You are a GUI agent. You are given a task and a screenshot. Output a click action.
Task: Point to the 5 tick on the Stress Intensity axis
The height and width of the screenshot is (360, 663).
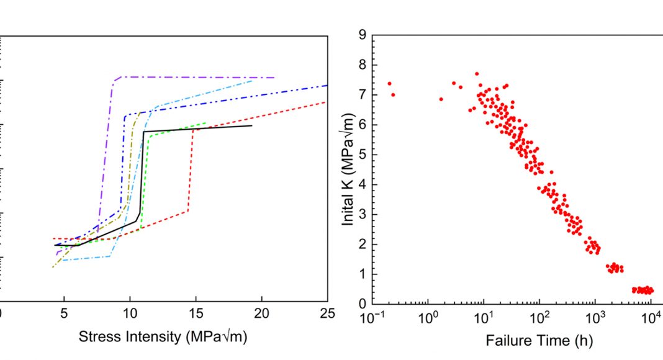64,314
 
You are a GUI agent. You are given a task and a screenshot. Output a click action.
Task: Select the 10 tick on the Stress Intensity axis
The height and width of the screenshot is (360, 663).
130,314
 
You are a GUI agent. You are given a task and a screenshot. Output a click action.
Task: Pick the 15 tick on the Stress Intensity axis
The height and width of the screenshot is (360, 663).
196,314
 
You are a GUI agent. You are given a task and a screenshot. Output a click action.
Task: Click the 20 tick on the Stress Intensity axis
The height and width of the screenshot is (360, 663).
261,314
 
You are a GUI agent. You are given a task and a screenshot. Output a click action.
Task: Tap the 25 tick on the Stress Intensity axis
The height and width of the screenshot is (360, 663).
327,314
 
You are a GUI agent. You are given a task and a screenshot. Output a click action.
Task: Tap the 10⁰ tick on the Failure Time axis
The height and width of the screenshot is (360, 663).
428,318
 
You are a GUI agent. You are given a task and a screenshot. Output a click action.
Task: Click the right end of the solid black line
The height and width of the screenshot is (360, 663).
252,125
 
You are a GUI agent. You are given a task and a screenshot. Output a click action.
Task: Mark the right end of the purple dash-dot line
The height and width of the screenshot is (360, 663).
274,78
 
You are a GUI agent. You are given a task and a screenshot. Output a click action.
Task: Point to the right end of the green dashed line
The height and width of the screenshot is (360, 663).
206,123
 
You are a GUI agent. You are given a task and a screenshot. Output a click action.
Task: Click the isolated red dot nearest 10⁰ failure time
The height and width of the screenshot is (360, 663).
441,99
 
